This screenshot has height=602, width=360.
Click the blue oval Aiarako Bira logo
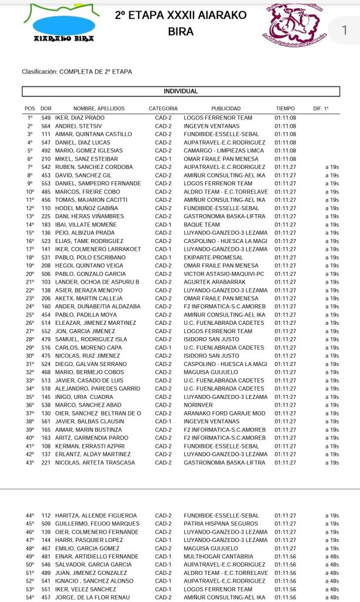64,25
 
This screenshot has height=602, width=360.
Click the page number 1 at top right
345,31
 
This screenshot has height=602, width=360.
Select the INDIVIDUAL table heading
181,91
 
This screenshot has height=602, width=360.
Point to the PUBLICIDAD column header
226,109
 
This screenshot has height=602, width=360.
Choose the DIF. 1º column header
322,109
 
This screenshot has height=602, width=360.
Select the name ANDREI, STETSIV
79,126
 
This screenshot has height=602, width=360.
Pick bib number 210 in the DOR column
45,159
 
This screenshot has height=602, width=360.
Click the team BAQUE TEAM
202,225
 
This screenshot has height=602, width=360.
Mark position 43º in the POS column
30,463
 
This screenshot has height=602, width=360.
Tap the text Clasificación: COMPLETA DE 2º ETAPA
77,72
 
